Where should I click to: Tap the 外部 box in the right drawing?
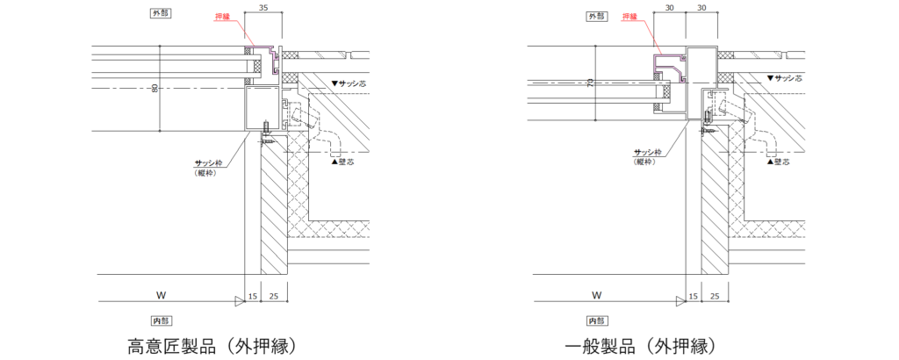point(597,16)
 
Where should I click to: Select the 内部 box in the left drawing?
point(161,320)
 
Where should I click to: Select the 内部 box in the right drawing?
point(598,320)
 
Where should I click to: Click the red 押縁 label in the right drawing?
point(630,16)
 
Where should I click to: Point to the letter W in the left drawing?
point(158,295)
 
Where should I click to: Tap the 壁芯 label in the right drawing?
point(780,162)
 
